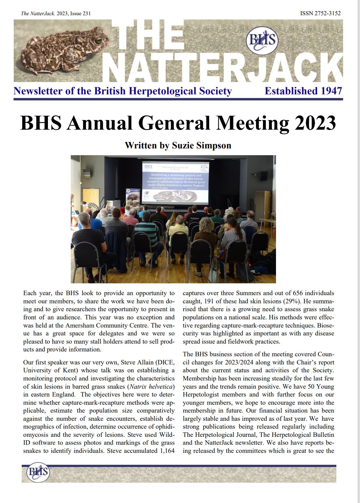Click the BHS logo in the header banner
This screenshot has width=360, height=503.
[262, 40]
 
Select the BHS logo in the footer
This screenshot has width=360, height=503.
[38, 472]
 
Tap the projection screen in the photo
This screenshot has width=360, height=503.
[175, 182]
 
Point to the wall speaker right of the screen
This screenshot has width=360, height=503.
[263, 176]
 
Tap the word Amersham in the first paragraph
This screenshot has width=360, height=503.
[80, 325]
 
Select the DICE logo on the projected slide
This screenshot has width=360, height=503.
[148, 166]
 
